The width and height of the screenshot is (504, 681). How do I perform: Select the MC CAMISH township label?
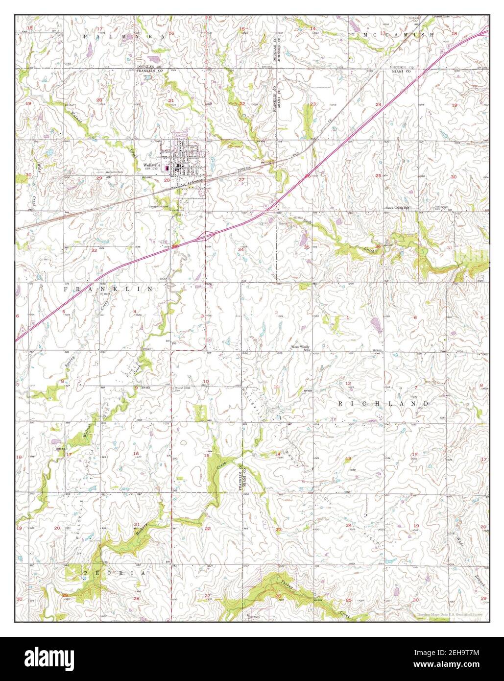[398, 35]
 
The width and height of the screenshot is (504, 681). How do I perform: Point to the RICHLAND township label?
[384, 403]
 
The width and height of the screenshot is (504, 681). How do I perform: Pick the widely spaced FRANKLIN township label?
[108, 290]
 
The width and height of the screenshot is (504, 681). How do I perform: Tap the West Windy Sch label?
[301, 348]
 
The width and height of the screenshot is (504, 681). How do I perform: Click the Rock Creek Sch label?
[397, 208]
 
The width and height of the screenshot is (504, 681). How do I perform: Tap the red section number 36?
[378, 246]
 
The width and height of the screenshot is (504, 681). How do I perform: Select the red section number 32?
[94, 250]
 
